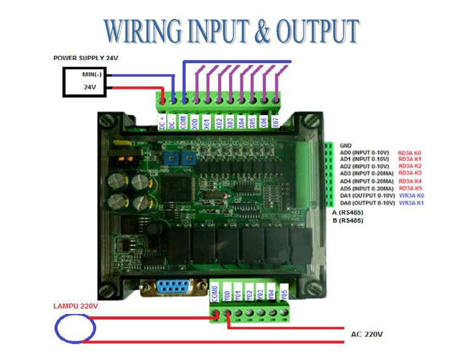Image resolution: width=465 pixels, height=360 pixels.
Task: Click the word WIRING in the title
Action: tap(141, 31)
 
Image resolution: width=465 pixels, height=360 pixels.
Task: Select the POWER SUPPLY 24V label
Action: tap(85, 58)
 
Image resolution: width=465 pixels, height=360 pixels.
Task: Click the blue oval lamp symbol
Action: tap(75, 328)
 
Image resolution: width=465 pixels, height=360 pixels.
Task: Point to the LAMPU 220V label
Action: tap(74, 306)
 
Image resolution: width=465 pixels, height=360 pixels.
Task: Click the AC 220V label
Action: tap(367, 334)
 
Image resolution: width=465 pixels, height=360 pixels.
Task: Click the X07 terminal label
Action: tap(276, 121)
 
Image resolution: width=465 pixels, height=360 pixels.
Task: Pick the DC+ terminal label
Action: tap(162, 121)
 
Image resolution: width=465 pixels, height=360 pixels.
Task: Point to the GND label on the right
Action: tap(346, 145)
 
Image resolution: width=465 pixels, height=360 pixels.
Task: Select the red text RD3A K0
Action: tap(409, 153)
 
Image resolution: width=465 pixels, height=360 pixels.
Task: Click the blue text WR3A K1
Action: tap(411, 203)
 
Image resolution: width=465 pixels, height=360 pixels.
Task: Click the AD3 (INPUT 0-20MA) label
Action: tap(366, 173)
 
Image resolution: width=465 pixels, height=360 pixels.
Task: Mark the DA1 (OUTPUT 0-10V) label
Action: tap(366, 196)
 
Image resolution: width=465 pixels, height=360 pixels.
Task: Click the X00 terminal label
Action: tap(194, 121)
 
